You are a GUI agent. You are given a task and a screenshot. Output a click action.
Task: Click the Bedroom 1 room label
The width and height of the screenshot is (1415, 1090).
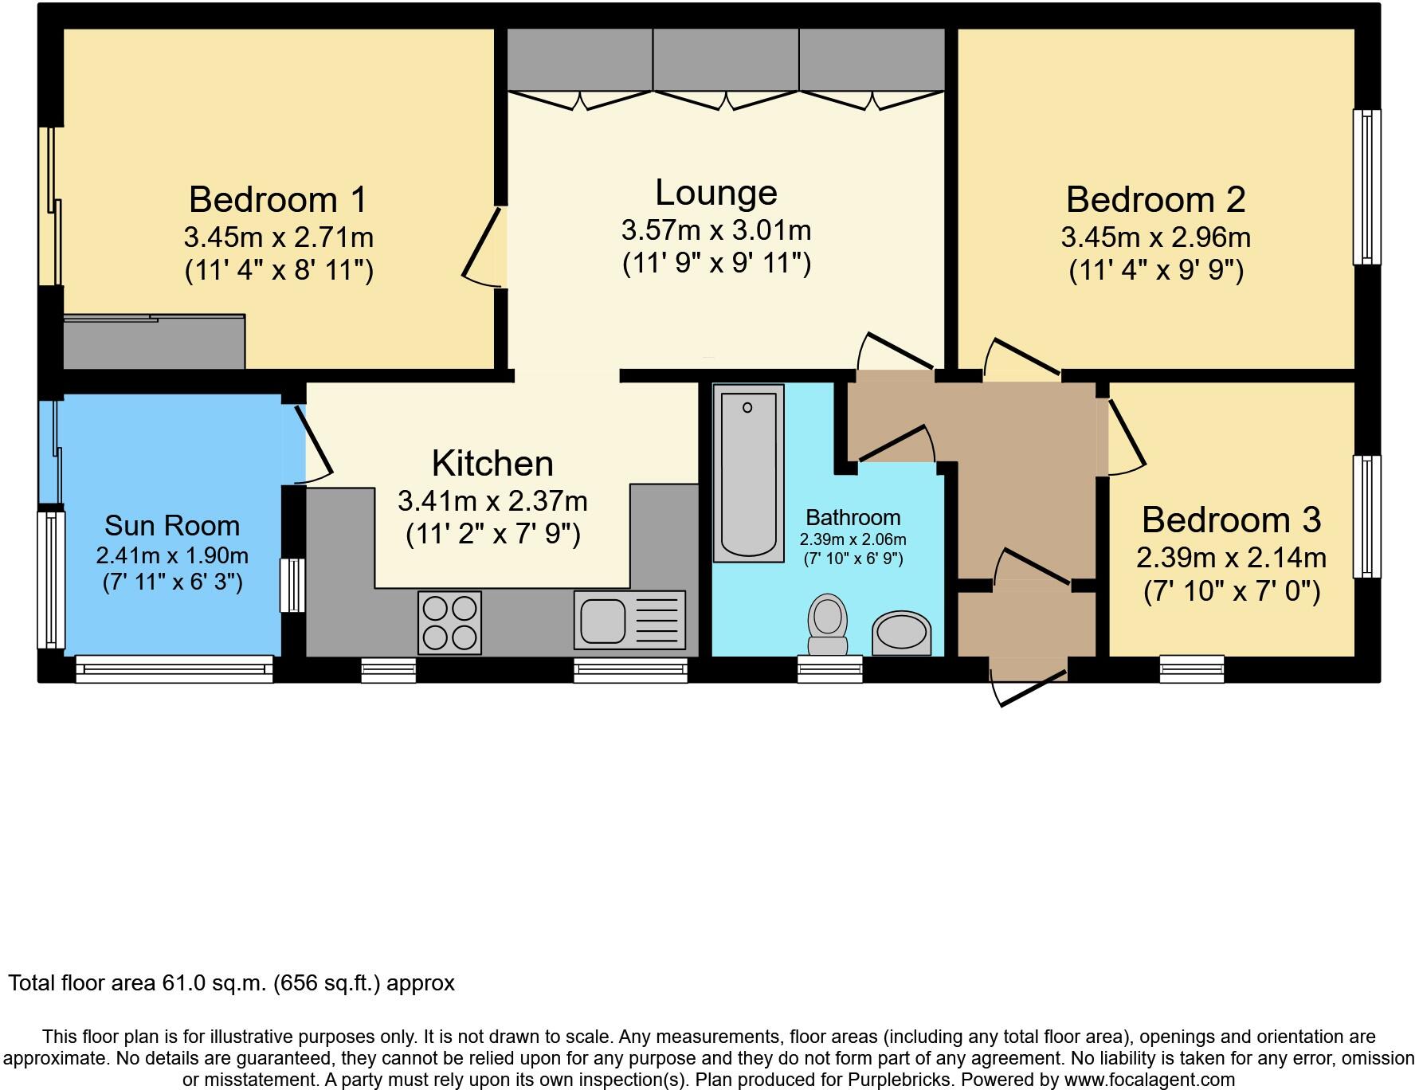pos(278,199)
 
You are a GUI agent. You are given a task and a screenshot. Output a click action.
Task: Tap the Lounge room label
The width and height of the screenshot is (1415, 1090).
pos(716,193)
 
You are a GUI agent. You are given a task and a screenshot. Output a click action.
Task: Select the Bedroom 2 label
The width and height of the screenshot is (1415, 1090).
pos(1155,199)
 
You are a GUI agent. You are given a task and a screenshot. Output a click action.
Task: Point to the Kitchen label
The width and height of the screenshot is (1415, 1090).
pos(492,463)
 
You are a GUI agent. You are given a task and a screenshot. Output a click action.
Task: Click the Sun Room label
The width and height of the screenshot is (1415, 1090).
pos(172,526)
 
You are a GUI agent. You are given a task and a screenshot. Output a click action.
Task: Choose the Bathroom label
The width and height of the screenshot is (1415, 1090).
pos(853,517)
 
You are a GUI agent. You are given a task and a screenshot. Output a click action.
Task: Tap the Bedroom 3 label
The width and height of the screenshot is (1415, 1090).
pos(1231,520)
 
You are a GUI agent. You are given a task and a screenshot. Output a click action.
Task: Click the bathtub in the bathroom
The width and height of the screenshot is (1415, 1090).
pos(748,472)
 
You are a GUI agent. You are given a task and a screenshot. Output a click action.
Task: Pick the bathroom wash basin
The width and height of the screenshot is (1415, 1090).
pos(902,633)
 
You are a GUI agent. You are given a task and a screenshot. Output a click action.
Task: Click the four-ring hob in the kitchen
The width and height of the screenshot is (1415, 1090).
pos(449,622)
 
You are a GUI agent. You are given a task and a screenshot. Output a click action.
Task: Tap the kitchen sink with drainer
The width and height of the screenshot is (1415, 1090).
pos(629,620)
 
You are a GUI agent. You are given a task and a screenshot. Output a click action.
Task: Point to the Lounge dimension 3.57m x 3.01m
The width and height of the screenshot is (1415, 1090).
pos(716,230)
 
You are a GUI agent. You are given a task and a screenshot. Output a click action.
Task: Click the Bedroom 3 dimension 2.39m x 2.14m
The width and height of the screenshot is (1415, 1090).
pos(1231,558)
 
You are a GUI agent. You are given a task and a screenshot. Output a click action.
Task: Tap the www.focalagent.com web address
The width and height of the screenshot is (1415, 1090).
pos(1148,1080)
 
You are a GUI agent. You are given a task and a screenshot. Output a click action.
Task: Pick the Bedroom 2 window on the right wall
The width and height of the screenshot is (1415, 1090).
pos(1367,187)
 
